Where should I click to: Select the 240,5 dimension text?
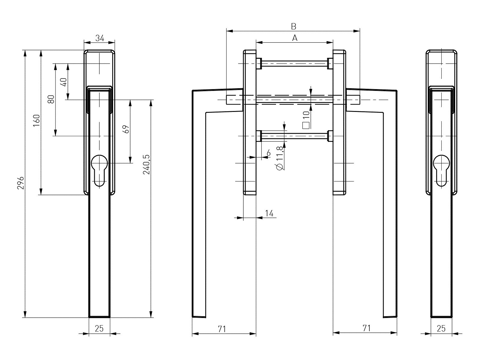(x=146, y=165)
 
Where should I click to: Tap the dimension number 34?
(x=100, y=38)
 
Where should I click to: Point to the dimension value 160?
(x=37, y=120)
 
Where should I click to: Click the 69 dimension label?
(x=126, y=129)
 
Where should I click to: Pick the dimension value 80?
(x=51, y=99)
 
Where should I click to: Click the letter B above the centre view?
(x=293, y=26)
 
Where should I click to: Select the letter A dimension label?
(x=295, y=38)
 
